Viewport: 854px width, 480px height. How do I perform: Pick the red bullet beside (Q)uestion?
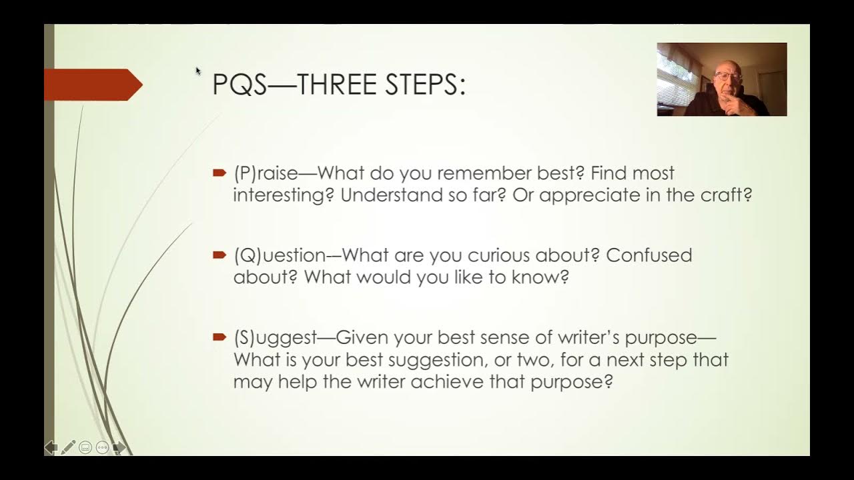click(220, 255)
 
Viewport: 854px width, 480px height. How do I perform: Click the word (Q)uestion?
click(280, 256)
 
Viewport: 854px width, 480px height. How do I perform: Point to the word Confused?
click(649, 256)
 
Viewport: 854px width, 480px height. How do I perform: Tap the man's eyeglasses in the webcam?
click(724, 77)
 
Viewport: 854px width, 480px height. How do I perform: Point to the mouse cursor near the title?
click(198, 71)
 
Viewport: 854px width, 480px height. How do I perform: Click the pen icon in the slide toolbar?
click(68, 447)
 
